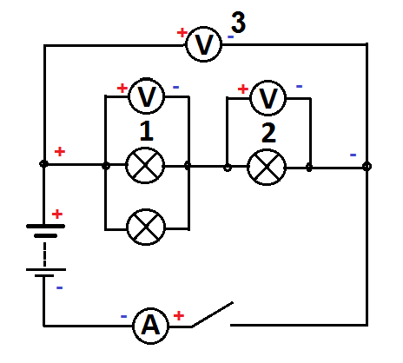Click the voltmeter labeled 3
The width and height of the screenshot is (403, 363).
click(x=203, y=44)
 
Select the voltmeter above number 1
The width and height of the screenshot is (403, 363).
click(x=146, y=96)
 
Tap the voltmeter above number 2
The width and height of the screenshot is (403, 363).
click(x=268, y=98)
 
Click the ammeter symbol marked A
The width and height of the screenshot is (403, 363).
click(x=150, y=326)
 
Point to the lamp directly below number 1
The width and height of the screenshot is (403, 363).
click(x=145, y=165)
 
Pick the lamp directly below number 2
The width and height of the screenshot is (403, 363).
click(x=267, y=167)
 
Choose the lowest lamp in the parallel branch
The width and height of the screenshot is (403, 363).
click(x=146, y=227)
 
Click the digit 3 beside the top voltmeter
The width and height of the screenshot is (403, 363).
click(x=238, y=22)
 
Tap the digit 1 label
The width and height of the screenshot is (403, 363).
click(x=147, y=131)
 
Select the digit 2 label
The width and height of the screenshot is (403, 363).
click(x=268, y=133)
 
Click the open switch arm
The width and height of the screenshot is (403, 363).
click(x=212, y=314)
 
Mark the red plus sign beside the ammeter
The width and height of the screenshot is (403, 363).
click(x=179, y=315)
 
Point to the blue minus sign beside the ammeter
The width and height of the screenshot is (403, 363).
click(x=123, y=317)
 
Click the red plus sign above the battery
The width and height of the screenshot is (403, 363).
click(x=57, y=214)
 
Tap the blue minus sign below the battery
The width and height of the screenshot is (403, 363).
click(x=59, y=287)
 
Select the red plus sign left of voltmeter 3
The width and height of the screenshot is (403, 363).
click(x=182, y=32)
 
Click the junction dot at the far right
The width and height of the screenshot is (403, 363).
click(x=367, y=167)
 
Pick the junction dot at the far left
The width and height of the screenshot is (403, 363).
click(x=43, y=164)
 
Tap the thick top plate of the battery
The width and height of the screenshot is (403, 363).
click(x=45, y=226)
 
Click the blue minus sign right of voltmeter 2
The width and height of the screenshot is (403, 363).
click(x=300, y=86)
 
